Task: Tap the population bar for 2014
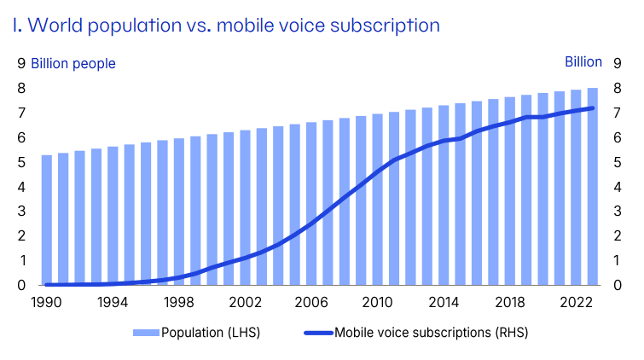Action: click(444, 195)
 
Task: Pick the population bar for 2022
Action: click(576, 188)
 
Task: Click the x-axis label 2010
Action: click(377, 301)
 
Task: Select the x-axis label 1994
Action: click(113, 301)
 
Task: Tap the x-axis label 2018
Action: click(509, 301)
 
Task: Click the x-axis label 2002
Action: click(245, 301)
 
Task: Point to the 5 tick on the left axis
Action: click(21, 162)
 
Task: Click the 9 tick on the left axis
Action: click(21, 63)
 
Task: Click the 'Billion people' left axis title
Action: click(73, 63)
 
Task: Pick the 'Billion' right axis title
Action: click(583, 62)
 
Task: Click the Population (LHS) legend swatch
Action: click(146, 333)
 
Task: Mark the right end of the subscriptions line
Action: click(592, 108)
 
